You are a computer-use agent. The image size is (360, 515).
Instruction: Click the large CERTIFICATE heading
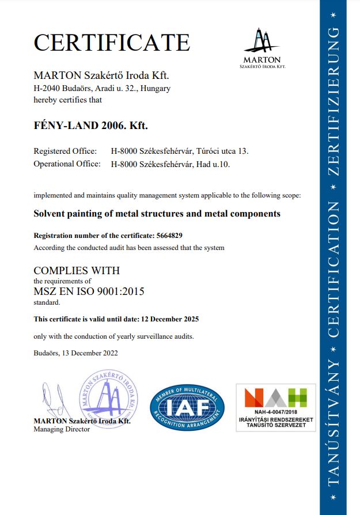(112, 43)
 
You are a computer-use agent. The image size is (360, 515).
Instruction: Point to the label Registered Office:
(65, 151)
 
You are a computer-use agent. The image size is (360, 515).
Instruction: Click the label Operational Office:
(67, 164)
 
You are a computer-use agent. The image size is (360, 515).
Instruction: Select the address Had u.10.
(220, 164)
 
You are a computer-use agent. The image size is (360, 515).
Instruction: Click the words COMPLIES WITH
(77, 270)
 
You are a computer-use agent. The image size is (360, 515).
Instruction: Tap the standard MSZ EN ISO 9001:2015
(89, 291)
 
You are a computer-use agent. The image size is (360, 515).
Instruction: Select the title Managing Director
(62, 429)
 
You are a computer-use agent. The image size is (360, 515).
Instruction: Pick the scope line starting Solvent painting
(157, 214)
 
